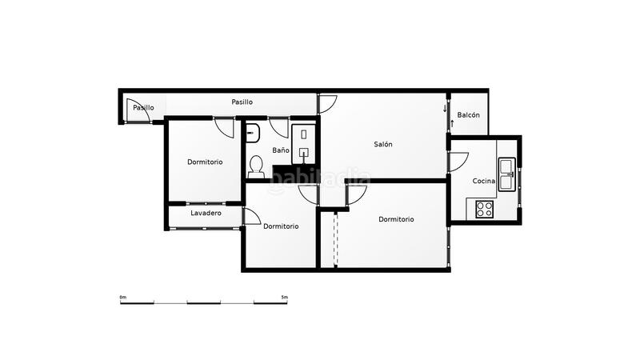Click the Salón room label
382,145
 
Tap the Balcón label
468,115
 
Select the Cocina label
483,182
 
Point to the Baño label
280,150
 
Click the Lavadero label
206,214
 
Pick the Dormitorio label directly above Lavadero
205,162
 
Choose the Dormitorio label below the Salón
396,219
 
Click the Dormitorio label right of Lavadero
281,226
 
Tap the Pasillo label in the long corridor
242,102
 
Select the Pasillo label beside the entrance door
143,107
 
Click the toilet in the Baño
256,165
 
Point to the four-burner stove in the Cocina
484,210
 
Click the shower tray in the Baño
304,142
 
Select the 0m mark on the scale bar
122,298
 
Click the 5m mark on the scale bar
285,298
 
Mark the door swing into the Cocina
458,161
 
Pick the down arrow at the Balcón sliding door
445,108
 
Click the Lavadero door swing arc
251,217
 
